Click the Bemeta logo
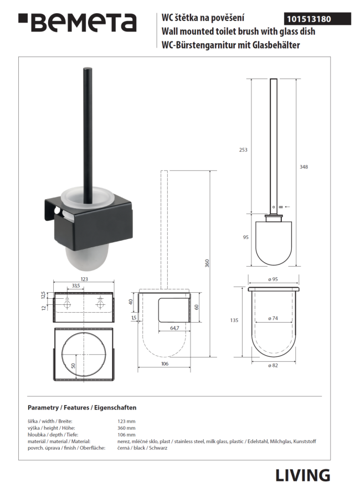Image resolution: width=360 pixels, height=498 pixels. click(78, 22)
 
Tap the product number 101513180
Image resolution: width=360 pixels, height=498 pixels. click(309, 19)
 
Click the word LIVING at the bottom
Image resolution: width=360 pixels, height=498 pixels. click(302, 475)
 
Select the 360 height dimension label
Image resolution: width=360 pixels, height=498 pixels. click(207, 263)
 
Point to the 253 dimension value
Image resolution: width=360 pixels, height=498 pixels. click(243, 149)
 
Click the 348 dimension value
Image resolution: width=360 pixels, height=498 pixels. click(304, 167)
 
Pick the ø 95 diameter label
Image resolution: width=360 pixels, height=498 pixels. click(273, 279)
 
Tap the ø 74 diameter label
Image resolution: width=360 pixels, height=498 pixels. click(273, 318)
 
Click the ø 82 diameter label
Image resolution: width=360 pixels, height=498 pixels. click(273, 366)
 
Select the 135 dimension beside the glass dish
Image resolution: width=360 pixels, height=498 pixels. click(234, 320)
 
